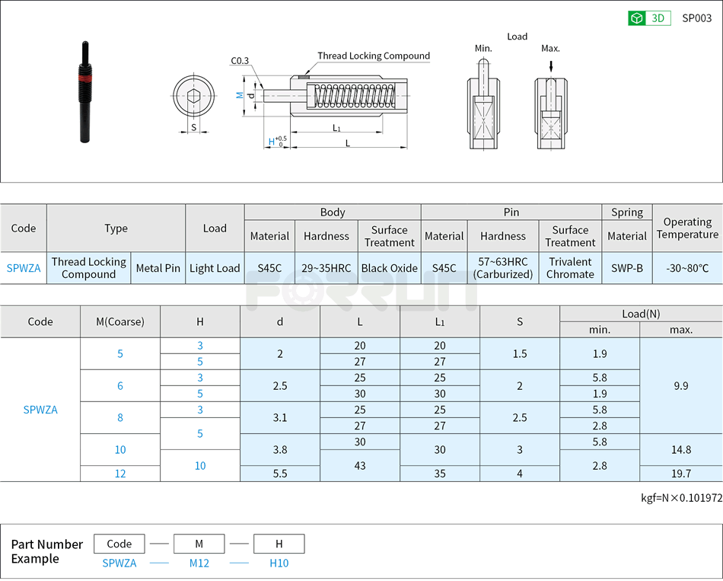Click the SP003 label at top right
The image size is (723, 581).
pos(696,18)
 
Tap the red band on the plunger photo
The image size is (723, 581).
pos(84,78)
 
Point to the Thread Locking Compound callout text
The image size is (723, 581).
pos(373,56)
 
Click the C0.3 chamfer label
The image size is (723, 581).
pos(240,61)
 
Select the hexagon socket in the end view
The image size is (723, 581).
pos(193,97)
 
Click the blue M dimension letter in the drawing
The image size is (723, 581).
pos(239,95)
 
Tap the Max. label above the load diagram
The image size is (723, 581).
pos(550,49)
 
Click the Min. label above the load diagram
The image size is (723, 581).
pos(483,49)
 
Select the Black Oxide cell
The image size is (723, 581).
pos(389,268)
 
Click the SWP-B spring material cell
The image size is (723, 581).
pos(626,268)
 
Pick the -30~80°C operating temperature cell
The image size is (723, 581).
pos(686,268)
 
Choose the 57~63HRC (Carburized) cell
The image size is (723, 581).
pos(502,268)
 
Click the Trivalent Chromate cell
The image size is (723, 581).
pos(570,268)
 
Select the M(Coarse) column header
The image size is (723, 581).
pos(120,321)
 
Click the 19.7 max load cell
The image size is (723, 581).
pos(680,474)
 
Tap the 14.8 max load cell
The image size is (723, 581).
pos(680,449)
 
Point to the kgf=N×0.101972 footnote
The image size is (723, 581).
pos(681,498)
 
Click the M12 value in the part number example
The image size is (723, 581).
pos(199,563)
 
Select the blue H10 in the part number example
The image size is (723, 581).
pos(279,563)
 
